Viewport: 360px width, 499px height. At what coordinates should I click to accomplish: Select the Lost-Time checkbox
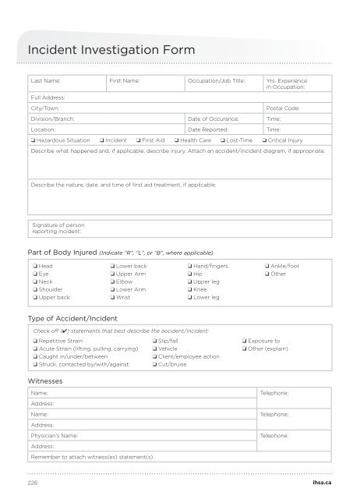[x=223, y=140]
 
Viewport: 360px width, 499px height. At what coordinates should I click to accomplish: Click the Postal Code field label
[x=283, y=108]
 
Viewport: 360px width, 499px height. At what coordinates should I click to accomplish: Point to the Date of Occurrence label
[x=213, y=119]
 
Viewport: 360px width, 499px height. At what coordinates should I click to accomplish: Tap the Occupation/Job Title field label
[x=216, y=80]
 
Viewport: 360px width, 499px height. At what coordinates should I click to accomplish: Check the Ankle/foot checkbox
[x=266, y=267]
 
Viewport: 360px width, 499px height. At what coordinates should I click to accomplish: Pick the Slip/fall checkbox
[x=154, y=342]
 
